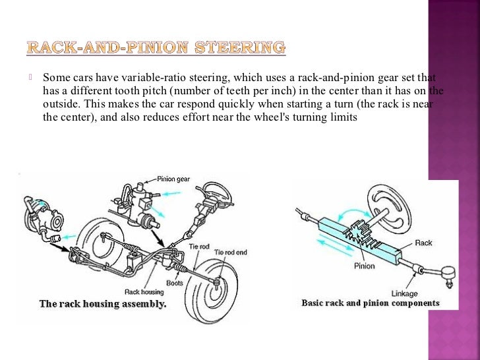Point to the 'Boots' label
click(174, 283)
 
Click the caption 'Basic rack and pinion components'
click(371, 303)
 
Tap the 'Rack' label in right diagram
click(423, 243)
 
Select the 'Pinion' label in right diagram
click(363, 266)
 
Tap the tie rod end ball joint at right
click(444, 272)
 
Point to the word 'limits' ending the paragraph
click(342, 118)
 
